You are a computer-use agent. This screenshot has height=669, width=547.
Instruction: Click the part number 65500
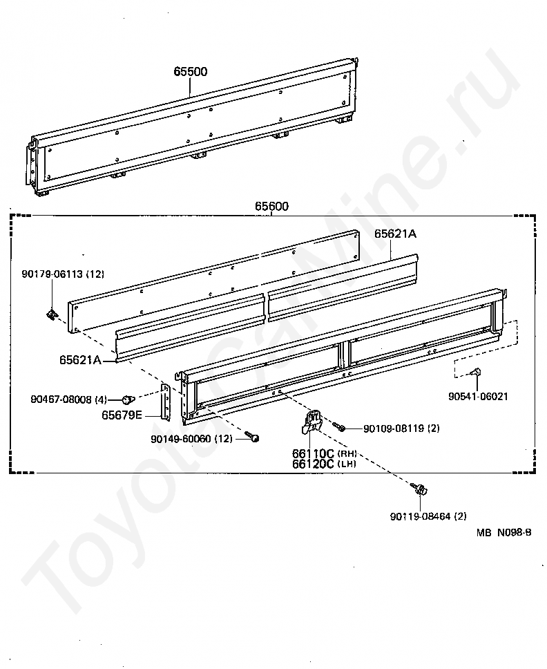point(190,71)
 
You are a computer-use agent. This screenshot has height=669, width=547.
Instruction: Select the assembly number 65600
point(271,206)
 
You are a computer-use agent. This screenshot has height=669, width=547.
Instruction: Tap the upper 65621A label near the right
point(395,234)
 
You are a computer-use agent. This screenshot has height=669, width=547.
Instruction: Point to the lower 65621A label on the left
point(80,359)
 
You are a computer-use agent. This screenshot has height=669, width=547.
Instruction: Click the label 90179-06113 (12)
point(62,274)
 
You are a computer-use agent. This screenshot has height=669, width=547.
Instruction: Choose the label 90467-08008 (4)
point(69,399)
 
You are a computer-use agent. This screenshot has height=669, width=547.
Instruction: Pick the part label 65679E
point(122,415)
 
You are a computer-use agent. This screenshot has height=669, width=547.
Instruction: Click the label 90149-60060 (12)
point(191,438)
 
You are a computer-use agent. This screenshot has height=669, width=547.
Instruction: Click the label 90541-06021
point(478,396)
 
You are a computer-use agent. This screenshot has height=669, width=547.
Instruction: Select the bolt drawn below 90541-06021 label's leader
point(474,373)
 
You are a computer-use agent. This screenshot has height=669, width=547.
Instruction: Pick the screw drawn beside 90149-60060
point(252,437)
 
